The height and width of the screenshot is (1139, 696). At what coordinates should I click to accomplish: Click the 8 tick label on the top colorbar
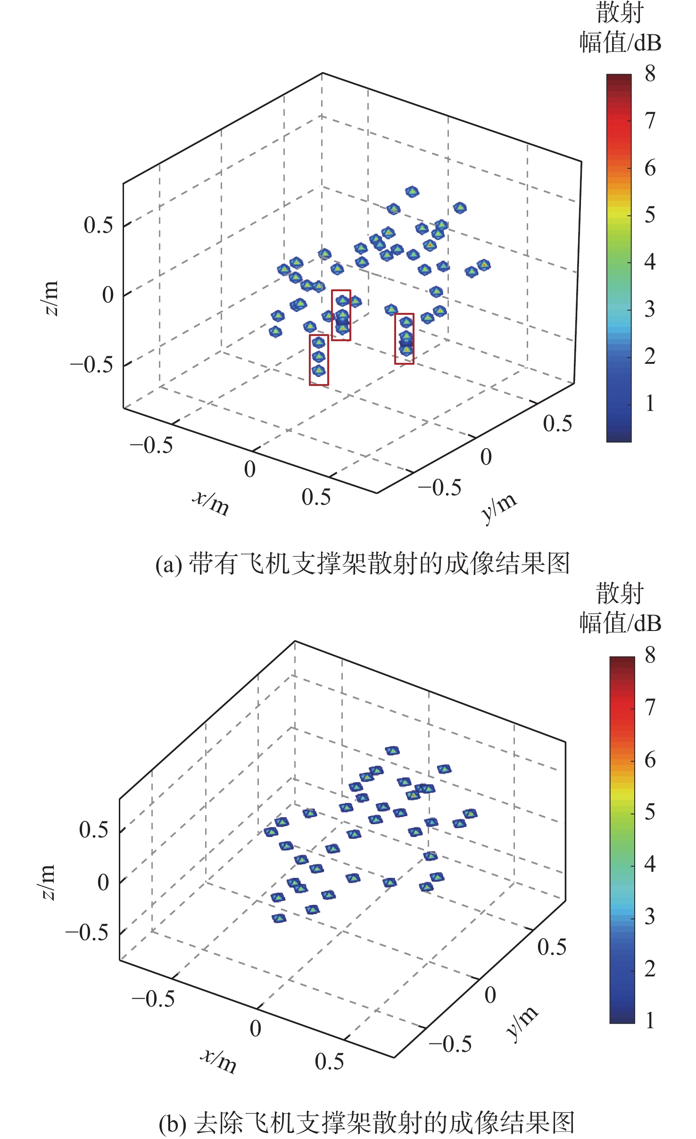click(x=650, y=74)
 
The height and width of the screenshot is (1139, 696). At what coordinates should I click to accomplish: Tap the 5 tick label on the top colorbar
click(x=650, y=215)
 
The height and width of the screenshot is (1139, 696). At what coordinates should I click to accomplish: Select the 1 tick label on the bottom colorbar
click(x=650, y=1020)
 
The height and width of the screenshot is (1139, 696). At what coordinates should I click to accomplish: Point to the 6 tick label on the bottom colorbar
click(x=650, y=760)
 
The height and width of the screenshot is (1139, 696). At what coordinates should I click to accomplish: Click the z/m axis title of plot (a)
click(x=50, y=298)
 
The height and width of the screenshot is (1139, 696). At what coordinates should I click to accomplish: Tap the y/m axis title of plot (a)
click(x=499, y=508)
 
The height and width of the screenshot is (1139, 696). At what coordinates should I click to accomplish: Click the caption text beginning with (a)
click(x=362, y=563)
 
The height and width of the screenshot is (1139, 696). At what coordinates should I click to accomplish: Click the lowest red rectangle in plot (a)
click(x=319, y=360)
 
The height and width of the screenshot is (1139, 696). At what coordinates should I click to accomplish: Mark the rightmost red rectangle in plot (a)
click(x=404, y=339)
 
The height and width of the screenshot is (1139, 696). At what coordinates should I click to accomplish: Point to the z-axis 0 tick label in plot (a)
click(x=108, y=295)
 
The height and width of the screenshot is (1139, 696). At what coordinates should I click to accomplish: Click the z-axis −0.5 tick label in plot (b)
click(x=87, y=932)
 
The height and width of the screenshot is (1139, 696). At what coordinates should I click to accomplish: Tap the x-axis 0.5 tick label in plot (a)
click(x=316, y=497)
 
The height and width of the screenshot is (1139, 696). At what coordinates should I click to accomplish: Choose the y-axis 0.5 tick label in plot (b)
click(x=552, y=947)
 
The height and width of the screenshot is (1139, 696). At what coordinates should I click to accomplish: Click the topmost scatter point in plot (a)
click(x=412, y=191)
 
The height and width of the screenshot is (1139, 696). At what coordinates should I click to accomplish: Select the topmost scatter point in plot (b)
click(x=392, y=751)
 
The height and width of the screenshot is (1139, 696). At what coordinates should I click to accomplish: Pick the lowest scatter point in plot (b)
click(x=279, y=918)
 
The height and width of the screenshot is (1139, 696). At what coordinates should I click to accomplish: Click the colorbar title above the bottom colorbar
click(x=620, y=608)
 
